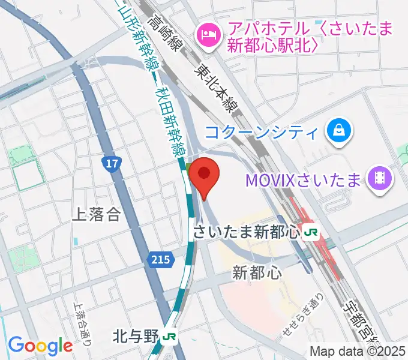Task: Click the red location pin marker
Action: (205, 175)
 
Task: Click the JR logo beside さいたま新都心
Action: (311, 231)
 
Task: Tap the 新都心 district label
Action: (257, 273)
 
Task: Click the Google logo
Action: (40, 346)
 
